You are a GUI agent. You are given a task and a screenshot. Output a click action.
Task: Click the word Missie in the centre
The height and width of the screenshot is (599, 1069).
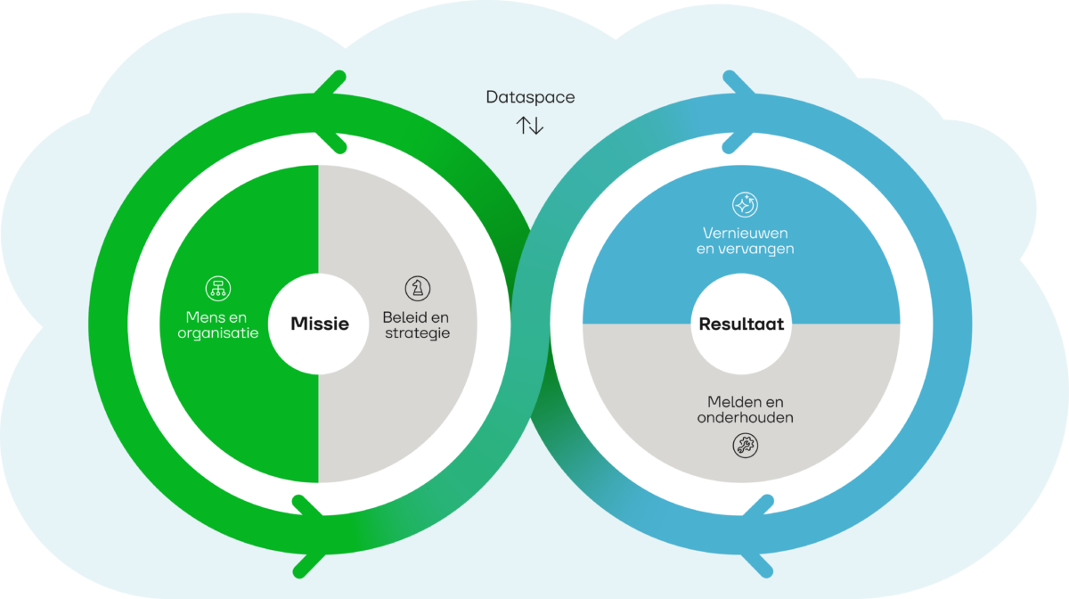coord(319,324)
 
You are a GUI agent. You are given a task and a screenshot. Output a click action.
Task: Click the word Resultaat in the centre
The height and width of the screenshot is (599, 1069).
coord(741,324)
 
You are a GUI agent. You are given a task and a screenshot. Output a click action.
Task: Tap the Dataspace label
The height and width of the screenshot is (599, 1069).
coord(530,97)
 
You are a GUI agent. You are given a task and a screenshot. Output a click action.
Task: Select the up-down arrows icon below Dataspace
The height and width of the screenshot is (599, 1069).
coord(530,125)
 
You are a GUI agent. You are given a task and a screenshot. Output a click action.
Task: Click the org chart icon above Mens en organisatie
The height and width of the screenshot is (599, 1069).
coord(216,287)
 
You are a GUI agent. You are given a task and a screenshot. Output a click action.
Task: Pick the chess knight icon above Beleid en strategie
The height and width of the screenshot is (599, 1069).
coord(416,287)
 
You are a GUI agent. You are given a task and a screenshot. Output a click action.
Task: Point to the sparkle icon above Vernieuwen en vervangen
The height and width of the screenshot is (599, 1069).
coord(745,205)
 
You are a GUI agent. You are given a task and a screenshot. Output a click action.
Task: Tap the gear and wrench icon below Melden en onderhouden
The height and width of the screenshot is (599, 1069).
coord(745,445)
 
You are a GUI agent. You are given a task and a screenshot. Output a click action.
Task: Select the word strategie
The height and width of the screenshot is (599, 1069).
coord(416,333)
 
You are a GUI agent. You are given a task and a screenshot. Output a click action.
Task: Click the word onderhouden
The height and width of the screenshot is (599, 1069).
coord(745,417)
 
